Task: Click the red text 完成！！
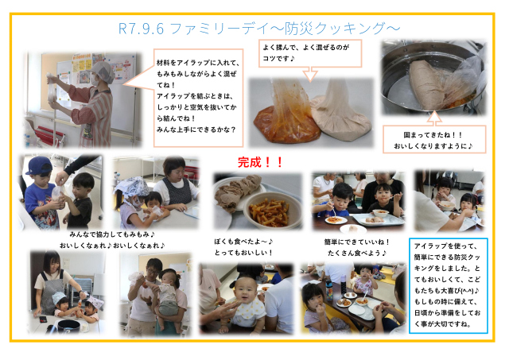point(260,162)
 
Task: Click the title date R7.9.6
point(141,29)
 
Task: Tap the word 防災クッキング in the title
point(334,29)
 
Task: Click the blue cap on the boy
point(39,165)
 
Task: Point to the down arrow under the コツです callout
point(310,74)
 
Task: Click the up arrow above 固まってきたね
point(434,118)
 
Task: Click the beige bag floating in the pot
point(433,85)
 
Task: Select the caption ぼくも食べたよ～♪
point(243,242)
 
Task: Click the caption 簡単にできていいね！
point(356,242)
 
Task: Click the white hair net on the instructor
point(103,72)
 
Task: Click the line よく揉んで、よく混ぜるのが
point(305,48)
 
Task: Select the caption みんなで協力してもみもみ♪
point(112,234)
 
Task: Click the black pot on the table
point(68,326)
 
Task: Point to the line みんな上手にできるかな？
point(196,130)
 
